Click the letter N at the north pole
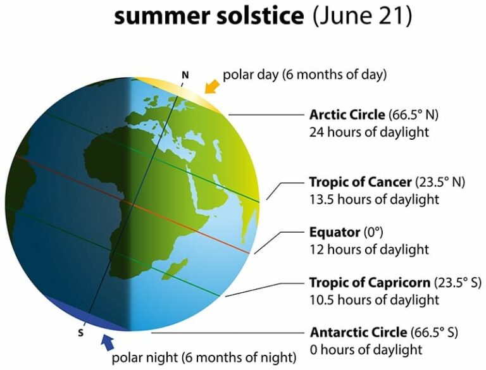pyautogui.click(x=185, y=75)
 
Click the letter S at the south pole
pyautogui.click(x=80, y=333)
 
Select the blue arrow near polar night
pyautogui.click(x=108, y=342)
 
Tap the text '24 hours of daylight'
pyautogui.click(x=369, y=132)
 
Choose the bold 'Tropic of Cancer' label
pyautogui.click(x=360, y=182)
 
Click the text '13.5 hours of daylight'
pyautogui.click(x=373, y=199)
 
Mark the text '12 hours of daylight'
pyautogui.click(x=369, y=249)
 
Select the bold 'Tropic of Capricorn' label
pyautogui.click(x=370, y=282)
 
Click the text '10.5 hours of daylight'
pyautogui.click(x=373, y=299)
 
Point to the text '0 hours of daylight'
pyautogui.click(x=366, y=349)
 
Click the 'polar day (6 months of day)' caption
pyautogui.click(x=304, y=75)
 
